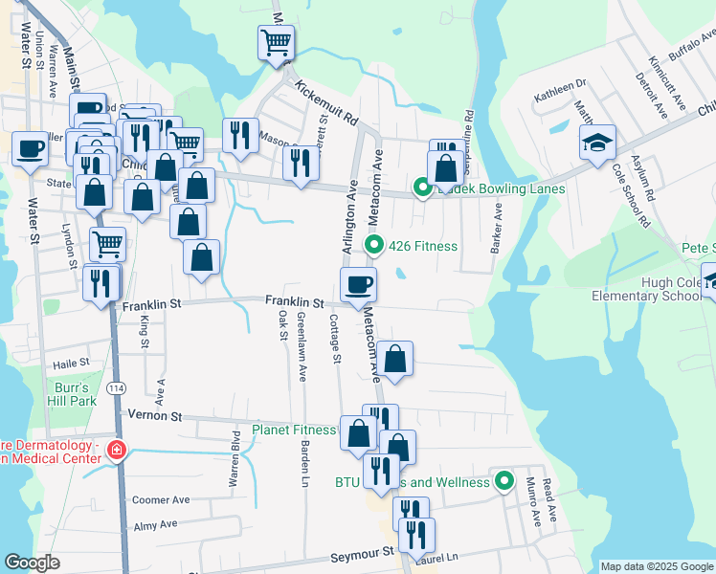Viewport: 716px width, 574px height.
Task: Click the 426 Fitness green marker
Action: click(375, 246)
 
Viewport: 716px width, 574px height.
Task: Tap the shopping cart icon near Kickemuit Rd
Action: click(276, 41)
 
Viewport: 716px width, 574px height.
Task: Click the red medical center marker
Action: click(116, 449)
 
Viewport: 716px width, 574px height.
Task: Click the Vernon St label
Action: click(155, 416)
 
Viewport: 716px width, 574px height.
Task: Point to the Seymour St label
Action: click(362, 553)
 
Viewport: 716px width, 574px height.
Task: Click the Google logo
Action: click(32, 563)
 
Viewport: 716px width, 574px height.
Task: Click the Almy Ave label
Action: click(156, 524)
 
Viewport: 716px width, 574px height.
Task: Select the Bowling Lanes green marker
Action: click(422, 188)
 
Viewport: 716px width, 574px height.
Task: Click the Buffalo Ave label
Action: click(690, 46)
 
